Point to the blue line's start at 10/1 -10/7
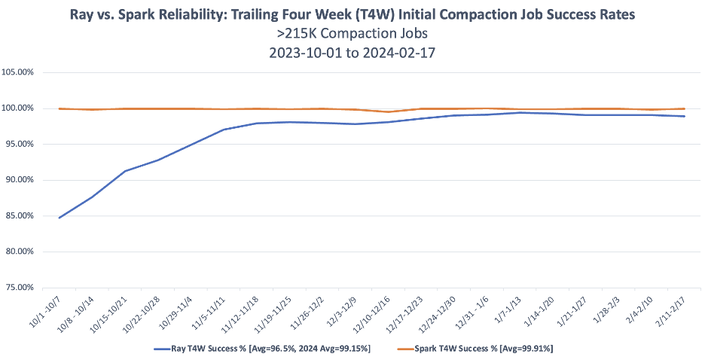[x=60, y=218]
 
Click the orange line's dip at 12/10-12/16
[x=388, y=112]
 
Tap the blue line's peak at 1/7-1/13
[x=519, y=113]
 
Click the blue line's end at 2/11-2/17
[x=683, y=116]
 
